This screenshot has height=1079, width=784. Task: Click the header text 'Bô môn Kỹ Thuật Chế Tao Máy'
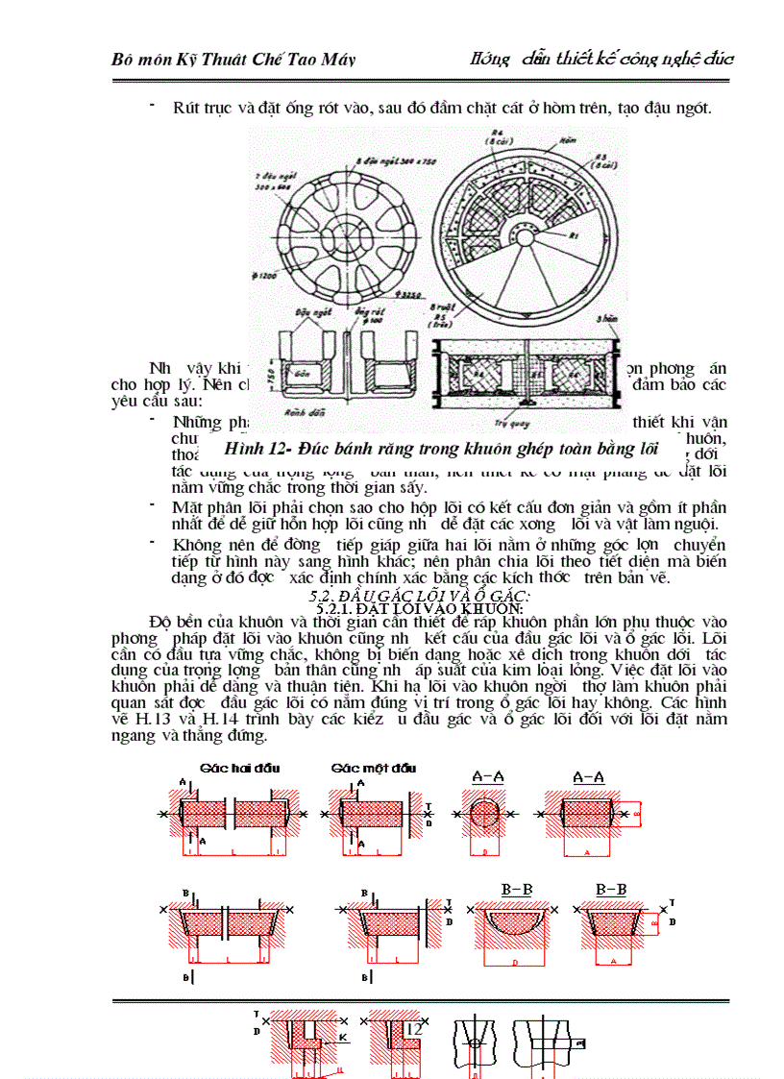click(233, 60)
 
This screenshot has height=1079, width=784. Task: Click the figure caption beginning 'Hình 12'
click(445, 448)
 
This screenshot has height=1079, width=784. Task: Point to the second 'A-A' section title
click(589, 776)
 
